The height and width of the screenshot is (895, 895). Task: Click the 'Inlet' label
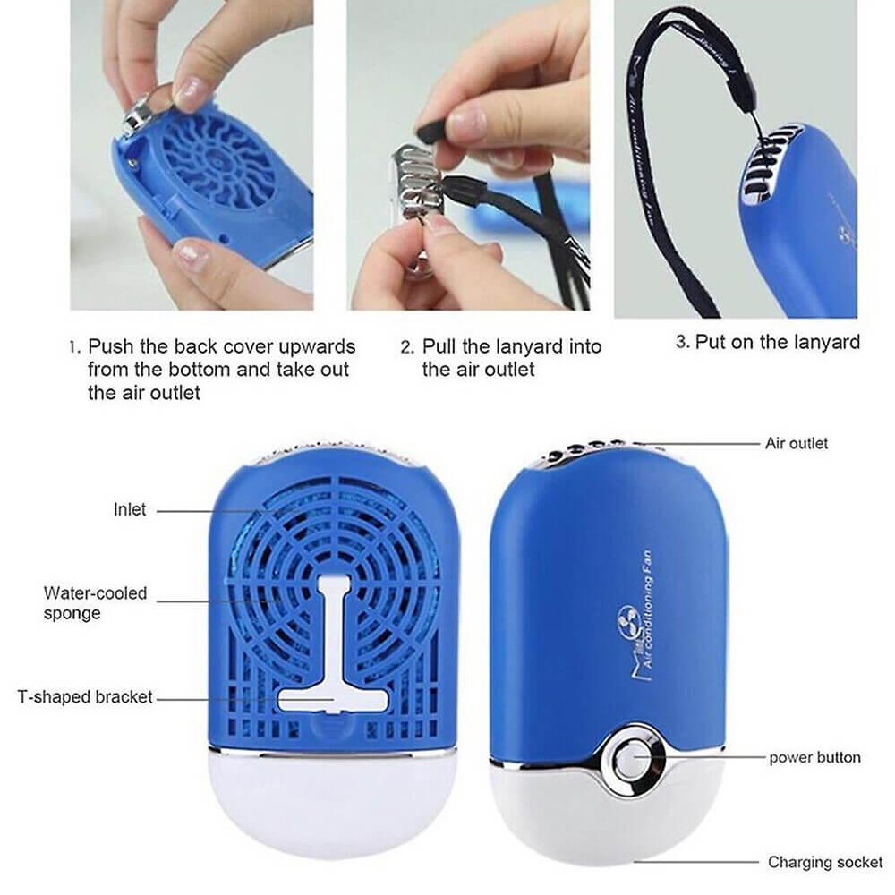click(x=130, y=509)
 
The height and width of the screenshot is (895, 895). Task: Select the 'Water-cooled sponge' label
click(x=95, y=602)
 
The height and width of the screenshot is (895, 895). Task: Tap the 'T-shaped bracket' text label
click(x=86, y=696)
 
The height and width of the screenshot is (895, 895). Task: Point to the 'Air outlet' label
click(x=796, y=443)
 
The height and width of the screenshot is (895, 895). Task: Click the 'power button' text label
click(x=814, y=757)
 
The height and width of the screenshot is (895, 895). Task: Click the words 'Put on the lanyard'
click(x=777, y=341)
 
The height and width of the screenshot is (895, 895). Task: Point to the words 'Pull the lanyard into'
click(x=511, y=346)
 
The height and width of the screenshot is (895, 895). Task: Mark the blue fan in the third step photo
click(x=797, y=224)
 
